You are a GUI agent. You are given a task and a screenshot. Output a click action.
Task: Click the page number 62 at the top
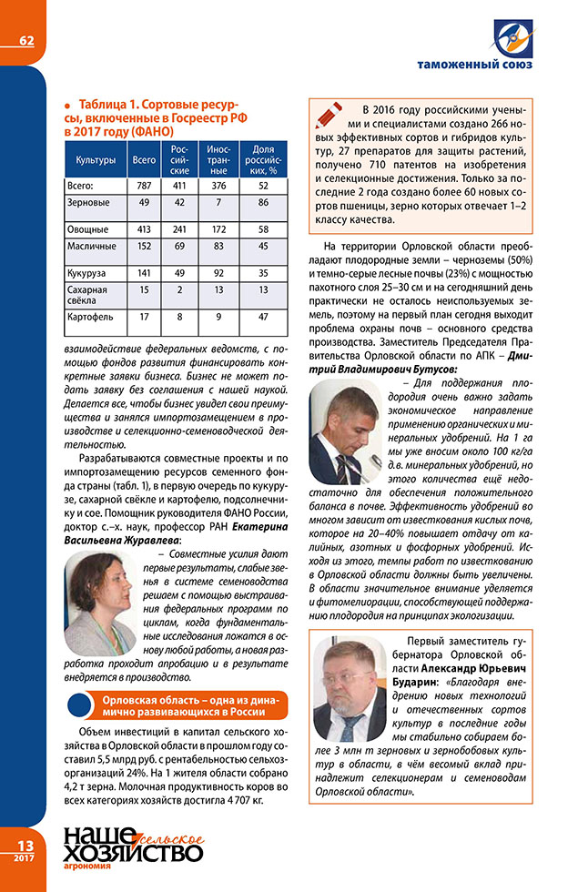pyautogui.click(x=25, y=40)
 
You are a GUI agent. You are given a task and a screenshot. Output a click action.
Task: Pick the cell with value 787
pyautogui.click(x=144, y=185)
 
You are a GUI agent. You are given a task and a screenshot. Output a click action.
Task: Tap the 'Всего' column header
pyautogui.click(x=144, y=160)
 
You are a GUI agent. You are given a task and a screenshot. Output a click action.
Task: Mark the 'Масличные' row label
pyautogui.click(x=89, y=246)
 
